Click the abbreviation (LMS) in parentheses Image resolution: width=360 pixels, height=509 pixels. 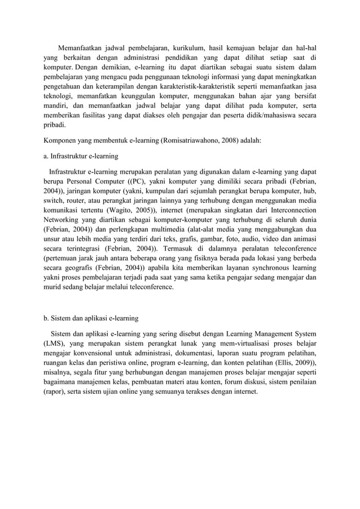click(x=56, y=344)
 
